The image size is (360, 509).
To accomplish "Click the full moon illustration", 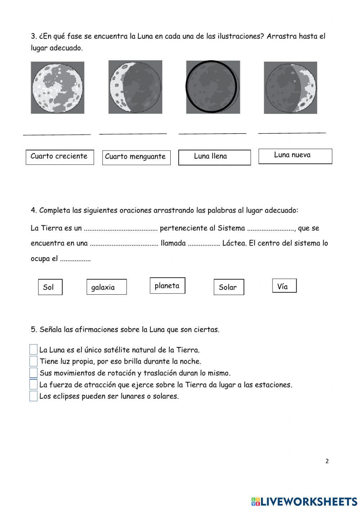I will coord(58,88).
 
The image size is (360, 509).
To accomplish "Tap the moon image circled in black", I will coord(212,87).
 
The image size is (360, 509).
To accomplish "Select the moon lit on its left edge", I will coord(135,87).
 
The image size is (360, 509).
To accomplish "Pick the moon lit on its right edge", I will coord(291,88).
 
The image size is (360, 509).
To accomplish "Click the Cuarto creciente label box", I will coord(60,157).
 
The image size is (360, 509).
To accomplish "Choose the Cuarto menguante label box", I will coord(136,157).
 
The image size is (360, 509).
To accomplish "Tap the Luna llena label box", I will coord(214,157).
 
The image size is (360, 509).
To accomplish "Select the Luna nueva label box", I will coord(295,156).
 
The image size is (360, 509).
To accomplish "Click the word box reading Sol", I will coord(50,287).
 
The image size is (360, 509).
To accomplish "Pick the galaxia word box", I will coord(107,287).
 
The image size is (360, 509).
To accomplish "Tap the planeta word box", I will coord(167,286).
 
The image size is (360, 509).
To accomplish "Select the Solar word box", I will coord(229,287).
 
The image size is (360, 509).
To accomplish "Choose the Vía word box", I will coord(284,286).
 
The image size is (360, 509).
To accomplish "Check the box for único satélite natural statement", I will coord(33,349).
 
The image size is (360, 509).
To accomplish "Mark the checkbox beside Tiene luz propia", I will coord(33,361).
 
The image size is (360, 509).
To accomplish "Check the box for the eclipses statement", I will coord(33,396).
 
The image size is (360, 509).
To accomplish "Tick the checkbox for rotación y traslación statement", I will coord(33,372).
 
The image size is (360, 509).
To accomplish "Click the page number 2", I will coord(327,461).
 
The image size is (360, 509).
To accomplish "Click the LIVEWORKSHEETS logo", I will coord(304,501).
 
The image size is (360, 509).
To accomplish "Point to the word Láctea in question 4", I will coord(234,243).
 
